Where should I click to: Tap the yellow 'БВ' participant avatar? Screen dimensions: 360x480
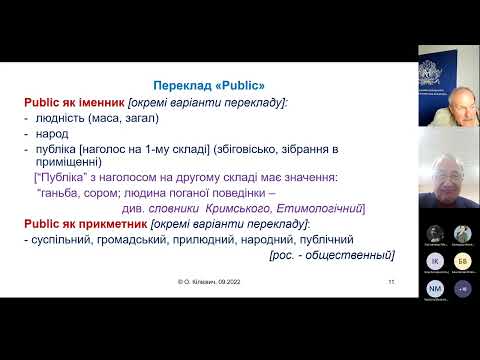(x=462, y=261)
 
